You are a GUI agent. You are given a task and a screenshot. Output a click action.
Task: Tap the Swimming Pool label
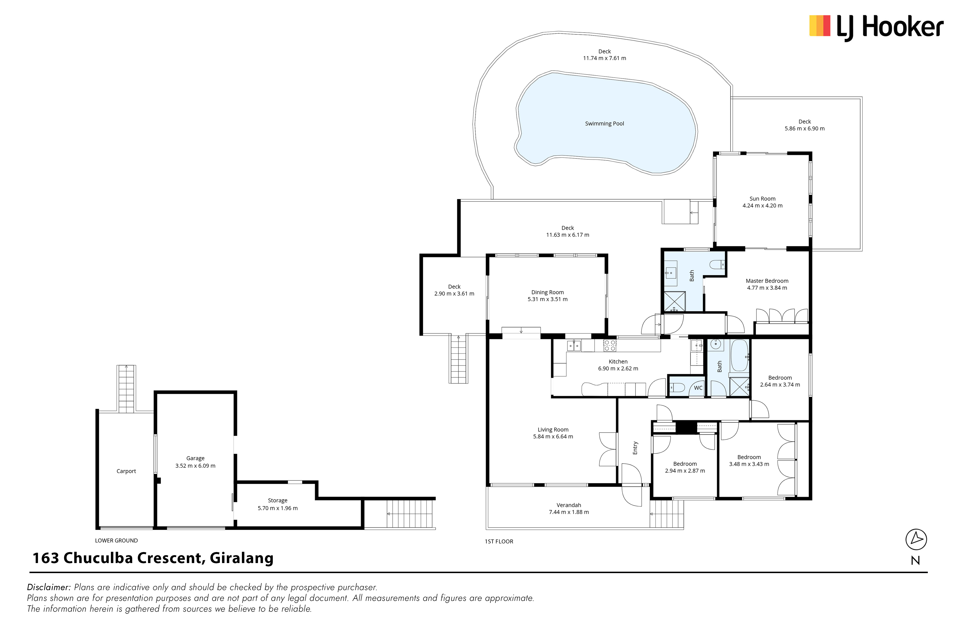(x=604, y=123)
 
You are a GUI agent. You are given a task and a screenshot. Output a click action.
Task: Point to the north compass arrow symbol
(x=916, y=539)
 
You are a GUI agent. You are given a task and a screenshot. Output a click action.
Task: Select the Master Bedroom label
(x=767, y=281)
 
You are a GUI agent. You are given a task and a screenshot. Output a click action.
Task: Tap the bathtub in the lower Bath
(x=740, y=355)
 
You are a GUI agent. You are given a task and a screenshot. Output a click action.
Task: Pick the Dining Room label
(x=547, y=292)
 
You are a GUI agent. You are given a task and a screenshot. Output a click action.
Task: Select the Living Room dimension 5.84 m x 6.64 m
(x=553, y=437)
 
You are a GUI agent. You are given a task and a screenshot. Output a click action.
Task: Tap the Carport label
(x=126, y=471)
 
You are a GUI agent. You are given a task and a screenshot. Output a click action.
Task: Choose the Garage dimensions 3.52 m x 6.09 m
(x=195, y=466)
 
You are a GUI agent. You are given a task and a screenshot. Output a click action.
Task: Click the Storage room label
(x=278, y=501)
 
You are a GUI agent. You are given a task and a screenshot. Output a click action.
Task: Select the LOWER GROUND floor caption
(x=116, y=541)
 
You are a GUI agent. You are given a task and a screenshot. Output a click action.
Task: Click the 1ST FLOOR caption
(x=499, y=541)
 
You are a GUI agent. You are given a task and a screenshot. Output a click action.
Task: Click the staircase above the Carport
(x=126, y=389)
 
